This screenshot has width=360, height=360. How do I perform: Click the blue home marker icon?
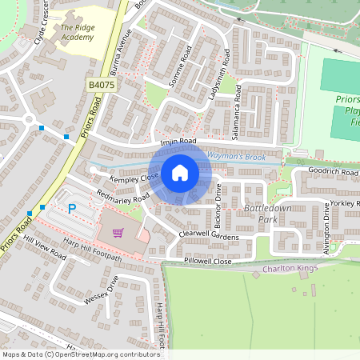180,172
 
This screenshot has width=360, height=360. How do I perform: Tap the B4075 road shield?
102,84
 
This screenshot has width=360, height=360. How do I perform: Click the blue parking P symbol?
71,209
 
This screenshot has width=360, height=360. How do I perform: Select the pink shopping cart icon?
118,233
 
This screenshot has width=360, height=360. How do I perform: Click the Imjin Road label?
178,142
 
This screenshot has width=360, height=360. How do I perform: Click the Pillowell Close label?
207,262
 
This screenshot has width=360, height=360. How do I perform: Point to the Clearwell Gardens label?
210,235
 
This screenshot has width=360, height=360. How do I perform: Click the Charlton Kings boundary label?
290,269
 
